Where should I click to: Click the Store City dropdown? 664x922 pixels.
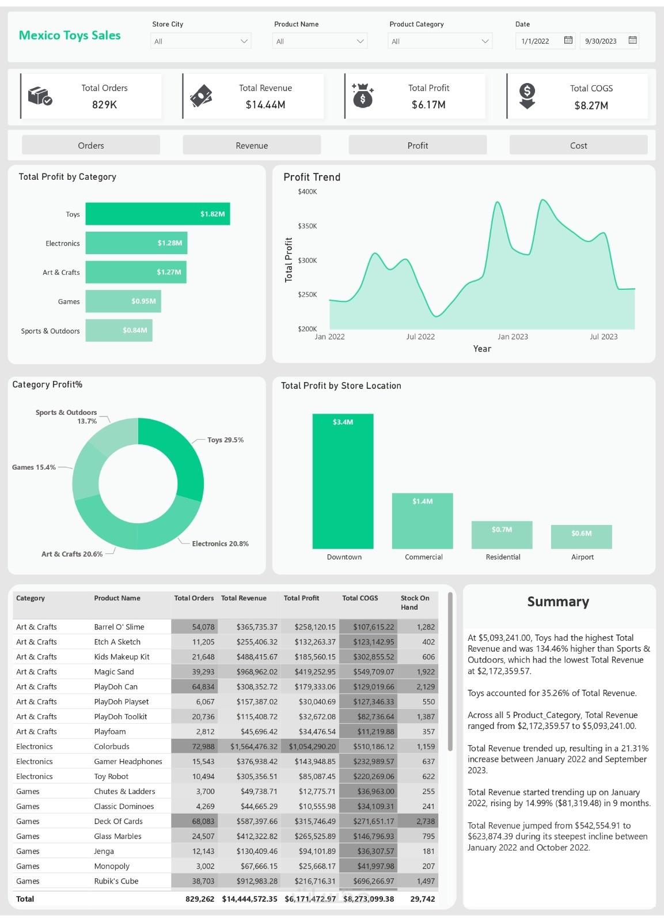(x=200, y=41)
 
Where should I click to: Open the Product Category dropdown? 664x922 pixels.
(x=439, y=41)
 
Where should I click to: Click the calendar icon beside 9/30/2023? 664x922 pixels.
(x=632, y=40)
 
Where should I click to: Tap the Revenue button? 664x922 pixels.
(x=252, y=145)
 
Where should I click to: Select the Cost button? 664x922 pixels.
(x=578, y=145)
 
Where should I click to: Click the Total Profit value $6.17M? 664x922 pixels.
(x=428, y=105)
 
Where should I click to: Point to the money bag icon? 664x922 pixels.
(x=363, y=96)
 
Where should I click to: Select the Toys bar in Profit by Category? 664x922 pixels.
(x=157, y=214)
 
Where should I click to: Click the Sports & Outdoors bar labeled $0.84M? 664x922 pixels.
(x=119, y=330)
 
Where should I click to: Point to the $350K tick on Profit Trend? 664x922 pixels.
(x=308, y=226)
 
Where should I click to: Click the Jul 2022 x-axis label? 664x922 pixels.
(x=420, y=337)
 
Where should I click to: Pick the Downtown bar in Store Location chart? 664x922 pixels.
(x=343, y=481)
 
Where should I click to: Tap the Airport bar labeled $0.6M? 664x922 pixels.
(x=581, y=536)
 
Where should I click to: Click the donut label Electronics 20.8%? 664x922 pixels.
(x=220, y=543)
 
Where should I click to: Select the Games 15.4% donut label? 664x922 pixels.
(x=34, y=467)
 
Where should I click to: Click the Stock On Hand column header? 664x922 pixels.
(x=415, y=602)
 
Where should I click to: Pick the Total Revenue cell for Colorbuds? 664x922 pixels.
(x=253, y=746)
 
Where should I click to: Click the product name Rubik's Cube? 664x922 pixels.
(x=116, y=881)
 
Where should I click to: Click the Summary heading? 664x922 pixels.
(x=558, y=602)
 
